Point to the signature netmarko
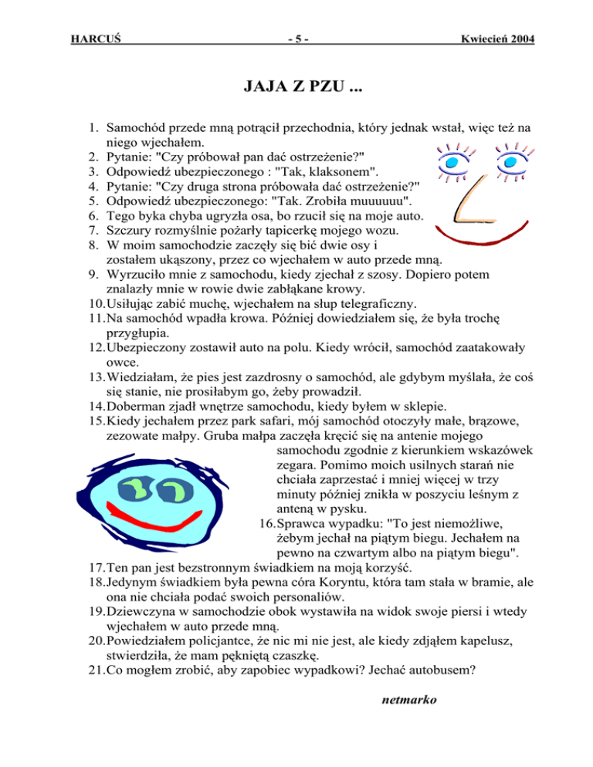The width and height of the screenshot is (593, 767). [409, 701]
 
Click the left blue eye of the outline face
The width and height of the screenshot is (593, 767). [450, 163]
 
